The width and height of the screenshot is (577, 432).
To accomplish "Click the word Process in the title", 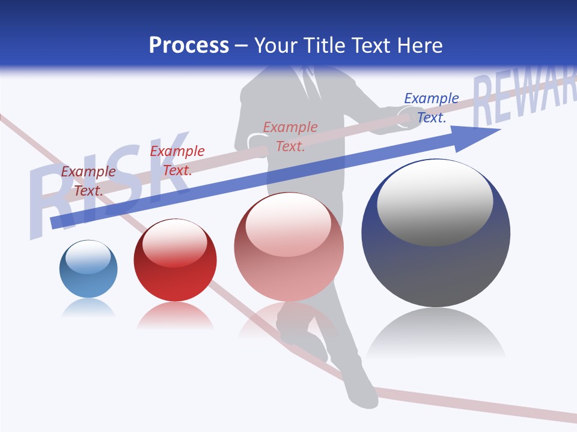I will (189, 46).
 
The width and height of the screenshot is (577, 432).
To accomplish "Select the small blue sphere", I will (88, 269).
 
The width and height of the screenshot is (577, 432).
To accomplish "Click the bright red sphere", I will (175, 260).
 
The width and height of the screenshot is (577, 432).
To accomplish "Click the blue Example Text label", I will (431, 108).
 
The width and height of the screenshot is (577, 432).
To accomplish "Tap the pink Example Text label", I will (290, 137).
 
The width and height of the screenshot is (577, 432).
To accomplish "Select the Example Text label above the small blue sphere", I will (88, 181).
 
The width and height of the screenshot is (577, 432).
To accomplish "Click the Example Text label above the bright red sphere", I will (177, 161).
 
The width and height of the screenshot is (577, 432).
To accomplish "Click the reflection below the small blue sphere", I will (88, 308).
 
